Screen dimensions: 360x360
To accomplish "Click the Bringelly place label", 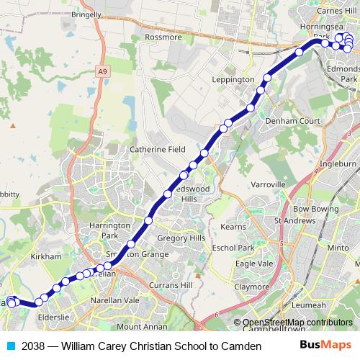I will [x=86, y=13].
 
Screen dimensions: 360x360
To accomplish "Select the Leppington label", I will [x=233, y=79].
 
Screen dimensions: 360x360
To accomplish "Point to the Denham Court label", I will [x=292, y=122].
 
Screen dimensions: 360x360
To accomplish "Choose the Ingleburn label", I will [x=338, y=163].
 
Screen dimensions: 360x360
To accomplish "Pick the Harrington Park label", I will [x=104, y=230].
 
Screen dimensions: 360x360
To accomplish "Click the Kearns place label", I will [x=233, y=226].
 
